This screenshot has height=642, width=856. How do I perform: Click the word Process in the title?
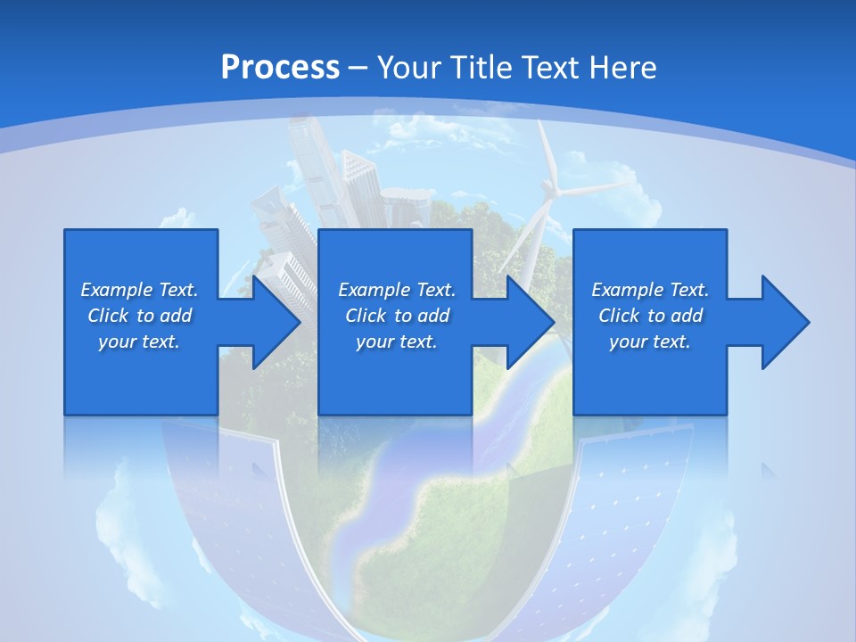280,67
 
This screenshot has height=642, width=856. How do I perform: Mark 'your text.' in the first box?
139,342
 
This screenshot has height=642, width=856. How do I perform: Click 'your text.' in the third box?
650,342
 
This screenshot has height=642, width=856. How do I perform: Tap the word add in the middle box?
432,316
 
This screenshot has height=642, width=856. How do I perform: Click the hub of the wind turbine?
551,189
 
